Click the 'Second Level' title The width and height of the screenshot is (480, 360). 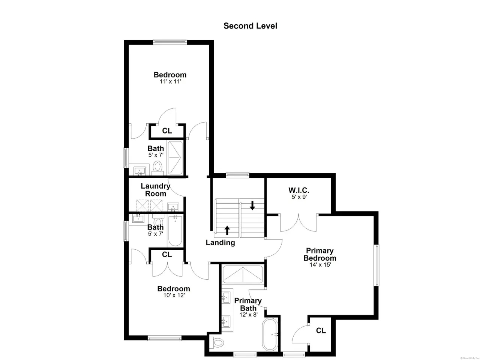tap(250, 26)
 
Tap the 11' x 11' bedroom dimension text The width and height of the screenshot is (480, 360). tap(170, 81)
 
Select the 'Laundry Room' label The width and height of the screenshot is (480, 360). tap(156, 190)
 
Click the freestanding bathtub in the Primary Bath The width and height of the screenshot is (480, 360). tap(270, 335)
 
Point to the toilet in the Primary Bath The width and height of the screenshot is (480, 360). tap(216, 343)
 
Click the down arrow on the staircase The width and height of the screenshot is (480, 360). tap(252, 205)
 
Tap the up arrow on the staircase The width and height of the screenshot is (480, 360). tap(227, 230)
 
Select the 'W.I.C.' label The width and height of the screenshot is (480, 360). tap(299, 190)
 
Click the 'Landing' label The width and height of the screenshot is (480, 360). tap(220, 243)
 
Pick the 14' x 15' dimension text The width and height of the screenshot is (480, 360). tap(320, 265)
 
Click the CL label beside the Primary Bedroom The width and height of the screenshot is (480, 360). tap(321, 330)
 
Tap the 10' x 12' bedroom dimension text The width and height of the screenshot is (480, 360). tap(174, 295)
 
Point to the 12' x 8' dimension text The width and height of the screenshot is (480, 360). tap(248, 315)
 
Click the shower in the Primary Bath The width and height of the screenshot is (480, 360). tap(243, 275)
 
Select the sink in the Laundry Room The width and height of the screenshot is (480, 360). tap(173, 207)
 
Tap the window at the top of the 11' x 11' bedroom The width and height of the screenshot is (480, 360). tap(170, 42)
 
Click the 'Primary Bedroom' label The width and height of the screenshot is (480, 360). tap(320, 254)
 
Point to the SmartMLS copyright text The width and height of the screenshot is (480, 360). tap(470, 358)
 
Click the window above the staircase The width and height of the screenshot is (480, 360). tap(237, 175)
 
